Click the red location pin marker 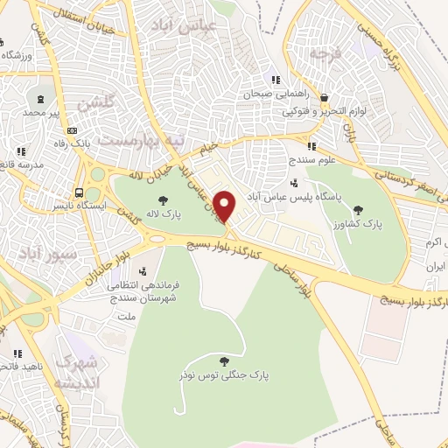click(x=225, y=206)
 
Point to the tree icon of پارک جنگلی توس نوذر click(x=224, y=360)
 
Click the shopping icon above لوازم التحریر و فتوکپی click(x=325, y=98)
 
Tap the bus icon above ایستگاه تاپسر click(x=80, y=192)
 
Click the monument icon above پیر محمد click(x=42, y=98)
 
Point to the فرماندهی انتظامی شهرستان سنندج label click(x=114, y=291)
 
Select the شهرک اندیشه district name click(x=77, y=372)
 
